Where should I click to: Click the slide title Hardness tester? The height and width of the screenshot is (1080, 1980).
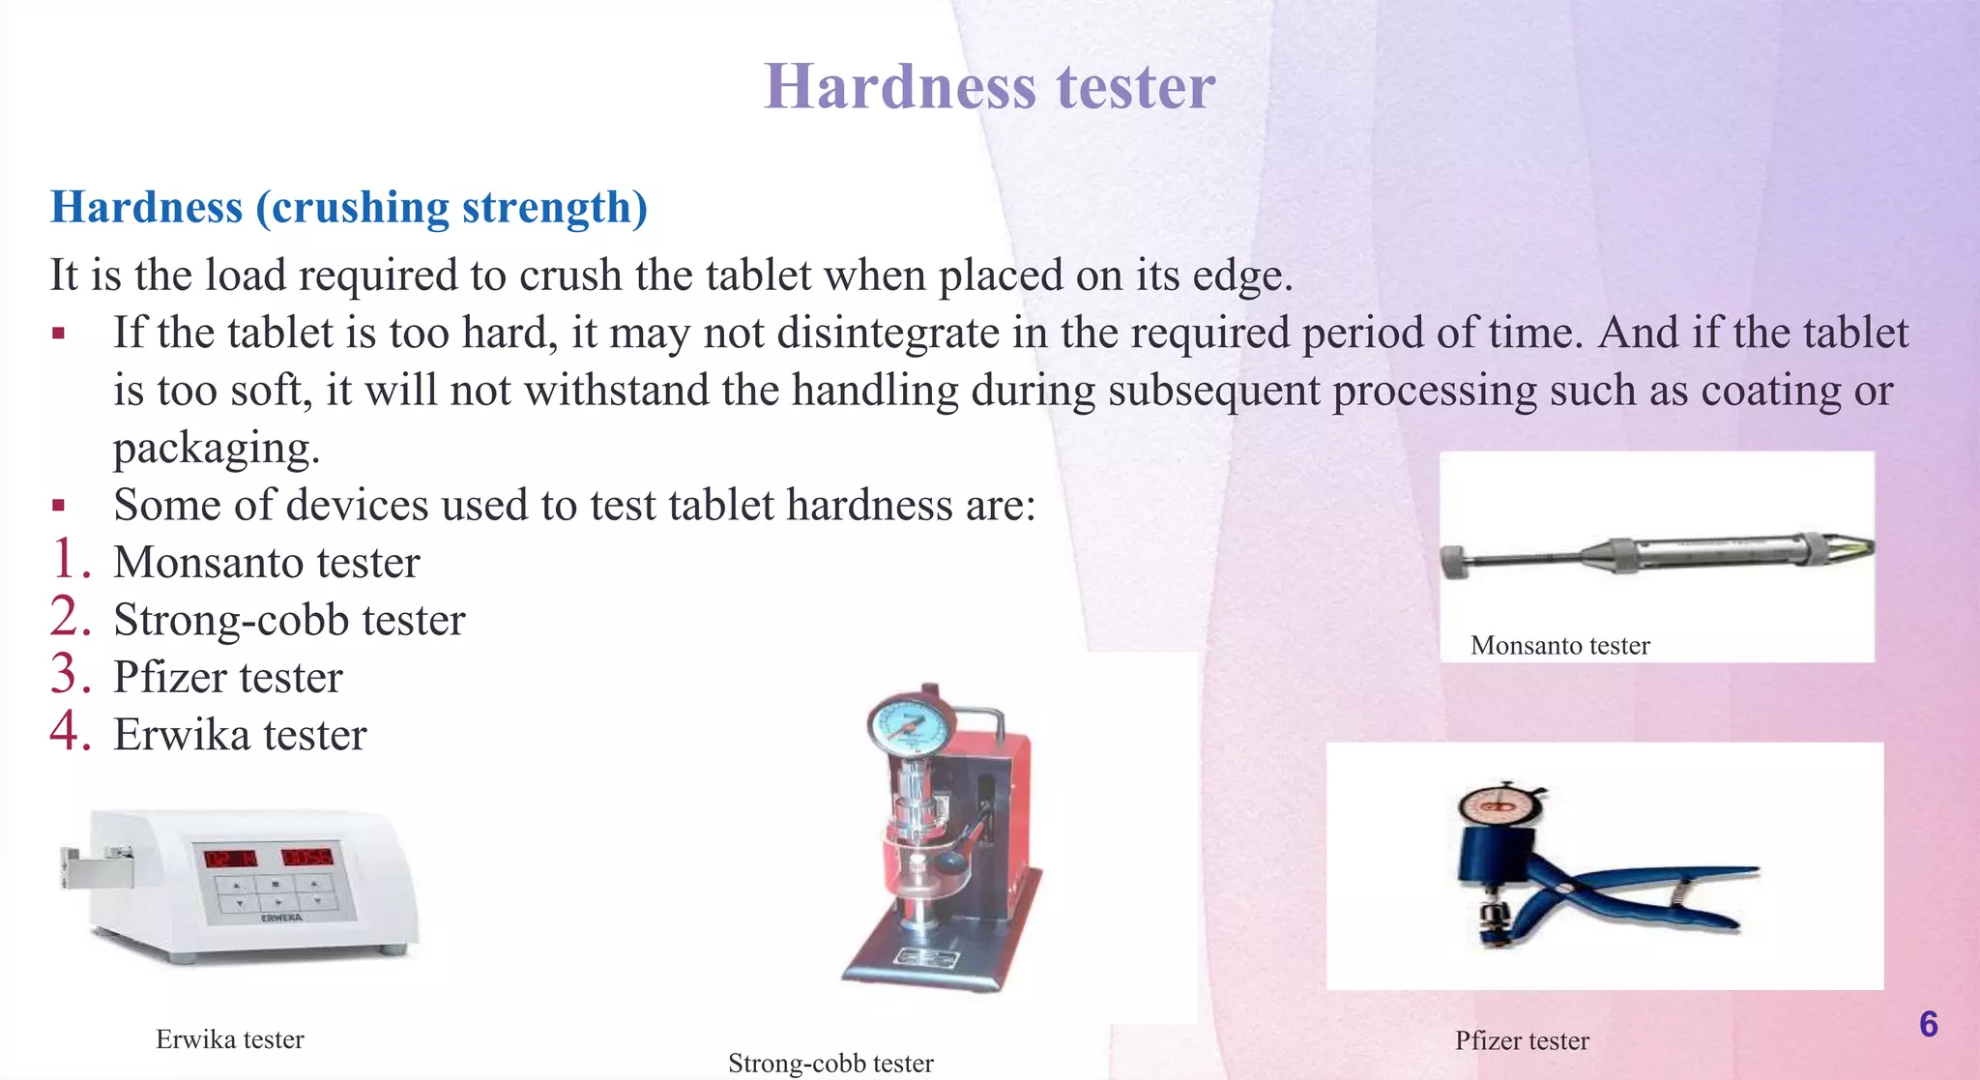click(989, 87)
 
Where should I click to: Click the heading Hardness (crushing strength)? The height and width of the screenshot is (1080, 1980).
click(348, 207)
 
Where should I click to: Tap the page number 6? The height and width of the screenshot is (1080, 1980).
click(1928, 1024)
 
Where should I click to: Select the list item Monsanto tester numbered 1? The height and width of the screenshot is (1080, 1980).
click(266, 563)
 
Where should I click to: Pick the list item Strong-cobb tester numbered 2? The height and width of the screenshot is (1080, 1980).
click(289, 620)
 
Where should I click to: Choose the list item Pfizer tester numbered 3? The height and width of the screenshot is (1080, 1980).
click(227, 677)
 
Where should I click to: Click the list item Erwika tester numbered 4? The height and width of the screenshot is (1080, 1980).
click(240, 735)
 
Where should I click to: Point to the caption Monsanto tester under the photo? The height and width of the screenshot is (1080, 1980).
click(1559, 646)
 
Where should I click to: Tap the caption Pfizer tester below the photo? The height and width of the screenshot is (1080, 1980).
click(1522, 1041)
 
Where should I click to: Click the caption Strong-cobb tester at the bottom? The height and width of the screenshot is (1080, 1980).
click(830, 1064)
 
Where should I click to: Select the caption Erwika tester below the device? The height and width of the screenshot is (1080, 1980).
click(230, 1039)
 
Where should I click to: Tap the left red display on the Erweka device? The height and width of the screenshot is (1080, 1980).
click(230, 858)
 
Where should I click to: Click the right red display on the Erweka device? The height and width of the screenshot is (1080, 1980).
click(307, 857)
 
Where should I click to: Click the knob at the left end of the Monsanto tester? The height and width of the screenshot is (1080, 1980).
click(1452, 562)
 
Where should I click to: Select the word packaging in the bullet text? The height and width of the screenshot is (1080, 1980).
click(216, 449)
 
